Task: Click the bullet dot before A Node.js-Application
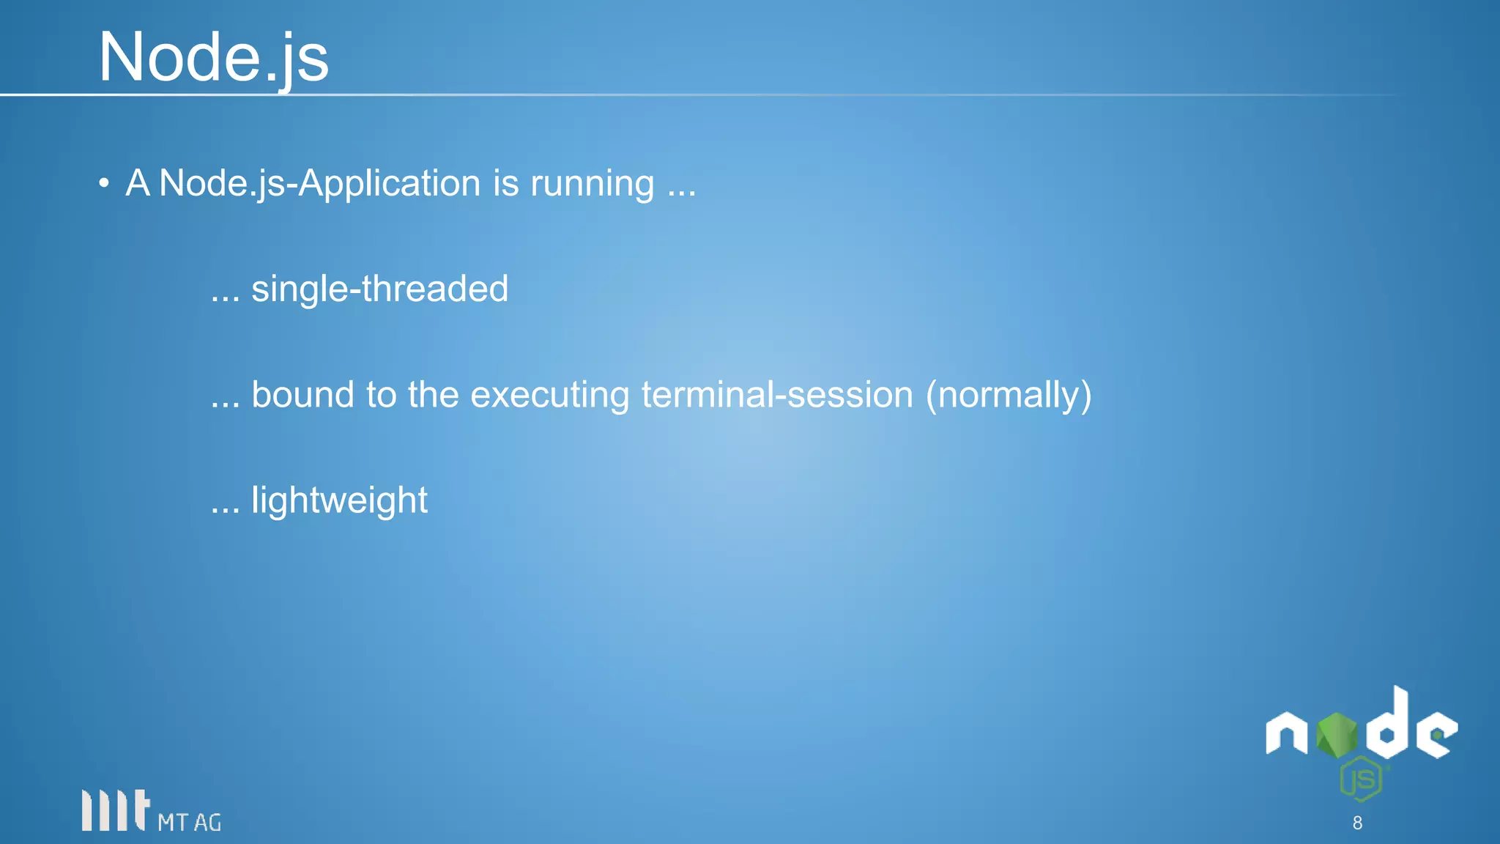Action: pyautogui.click(x=104, y=183)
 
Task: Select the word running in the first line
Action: pyautogui.click(x=592, y=183)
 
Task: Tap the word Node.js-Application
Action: pyautogui.click(x=319, y=183)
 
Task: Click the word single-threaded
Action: pyautogui.click(x=379, y=289)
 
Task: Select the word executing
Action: pyautogui.click(x=549, y=395)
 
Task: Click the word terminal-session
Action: pyautogui.click(x=777, y=395)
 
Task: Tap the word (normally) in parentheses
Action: pyautogui.click(x=1009, y=395)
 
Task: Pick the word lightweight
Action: pyautogui.click(x=339, y=500)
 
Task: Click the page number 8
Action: pyautogui.click(x=1357, y=823)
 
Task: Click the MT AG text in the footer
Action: pyautogui.click(x=189, y=823)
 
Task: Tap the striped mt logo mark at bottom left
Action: pyautogui.click(x=115, y=810)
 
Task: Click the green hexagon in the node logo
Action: pyautogui.click(x=1337, y=735)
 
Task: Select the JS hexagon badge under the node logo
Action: pyautogui.click(x=1361, y=780)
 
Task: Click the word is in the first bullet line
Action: pyautogui.click(x=505, y=183)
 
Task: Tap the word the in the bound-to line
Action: pyautogui.click(x=433, y=395)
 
